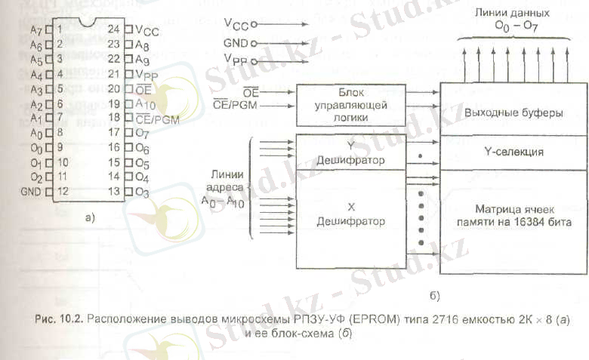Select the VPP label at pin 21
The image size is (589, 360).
(x=148, y=75)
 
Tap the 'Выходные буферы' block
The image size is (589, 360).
(x=511, y=112)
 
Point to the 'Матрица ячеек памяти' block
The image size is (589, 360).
(x=511, y=215)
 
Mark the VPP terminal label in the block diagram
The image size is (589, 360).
(x=234, y=60)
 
